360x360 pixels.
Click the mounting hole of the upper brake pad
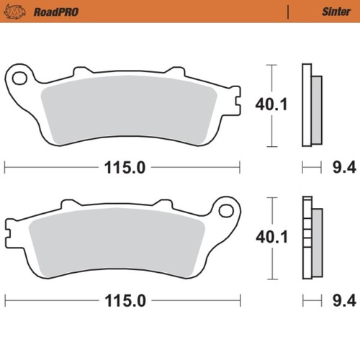pos(20,76)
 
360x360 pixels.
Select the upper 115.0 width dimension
pos(122,168)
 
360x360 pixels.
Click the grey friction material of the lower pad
pos(115,245)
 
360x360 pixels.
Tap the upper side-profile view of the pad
pos(310,105)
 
